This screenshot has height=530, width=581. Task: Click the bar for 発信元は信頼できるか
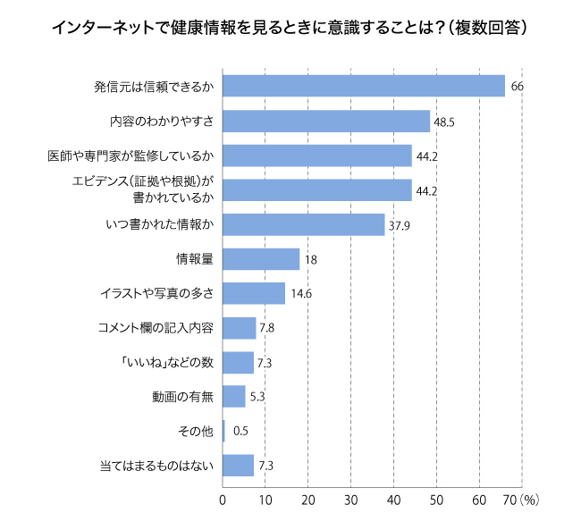pos(363,86)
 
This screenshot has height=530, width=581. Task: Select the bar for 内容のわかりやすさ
pos(325,121)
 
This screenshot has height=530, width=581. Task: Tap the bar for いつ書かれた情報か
pos(303,224)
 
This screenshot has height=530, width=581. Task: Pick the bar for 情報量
pos(260,259)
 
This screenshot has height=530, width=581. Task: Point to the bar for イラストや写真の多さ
pos(253,293)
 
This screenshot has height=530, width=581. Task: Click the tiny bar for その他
pos(223,432)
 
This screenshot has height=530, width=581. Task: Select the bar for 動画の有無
pos(233,397)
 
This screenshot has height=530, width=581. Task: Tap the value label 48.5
pos(444,122)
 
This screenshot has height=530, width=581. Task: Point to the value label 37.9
pos(398,225)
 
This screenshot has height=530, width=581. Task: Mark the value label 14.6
pos(300,294)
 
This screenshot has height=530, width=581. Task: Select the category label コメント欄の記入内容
pos(156,328)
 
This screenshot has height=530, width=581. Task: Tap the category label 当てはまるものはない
pos(156,466)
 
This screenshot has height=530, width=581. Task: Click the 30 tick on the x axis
pos(351,501)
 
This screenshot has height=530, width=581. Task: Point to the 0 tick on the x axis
pos(223,501)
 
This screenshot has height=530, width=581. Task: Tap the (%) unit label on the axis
pos(529,501)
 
